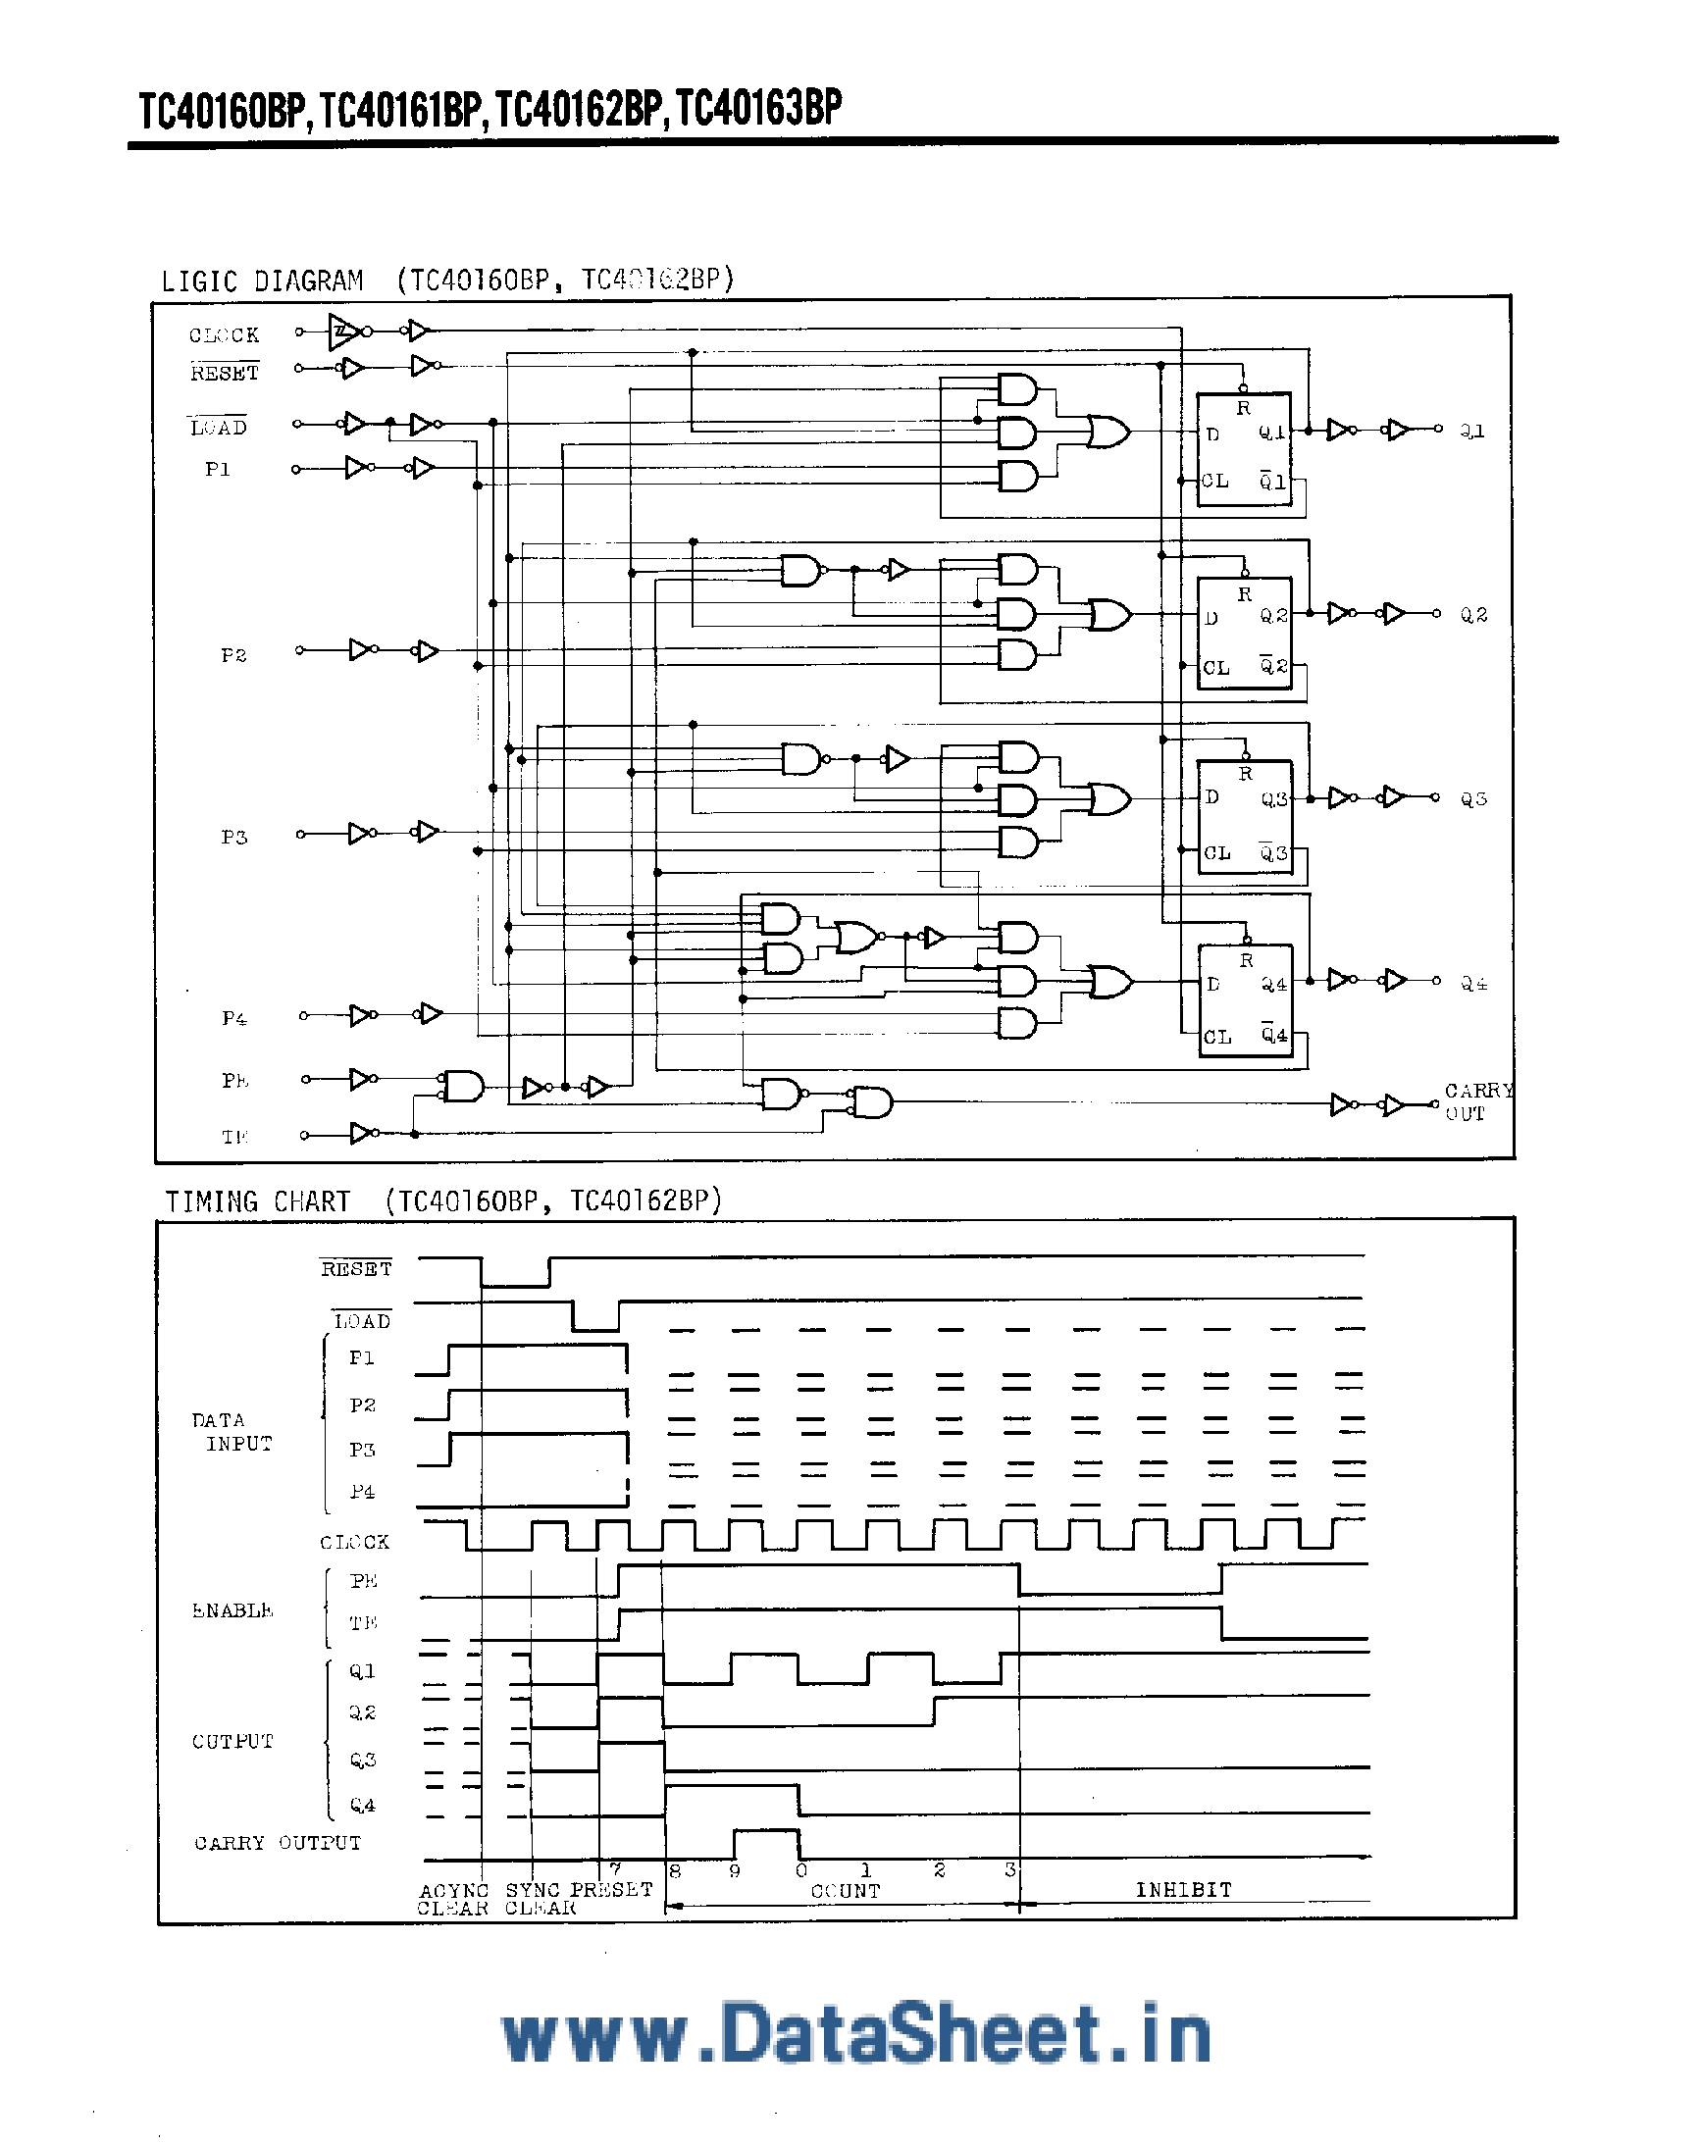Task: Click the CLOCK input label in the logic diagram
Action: [224, 335]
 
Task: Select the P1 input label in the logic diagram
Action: [218, 469]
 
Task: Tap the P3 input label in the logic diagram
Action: [233, 837]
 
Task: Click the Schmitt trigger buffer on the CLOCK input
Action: [343, 332]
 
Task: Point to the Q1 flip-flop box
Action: [1243, 449]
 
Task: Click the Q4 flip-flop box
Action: [1245, 999]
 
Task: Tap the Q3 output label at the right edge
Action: [1473, 799]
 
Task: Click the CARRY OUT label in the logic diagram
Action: [1477, 1102]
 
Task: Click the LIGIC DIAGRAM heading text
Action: [262, 281]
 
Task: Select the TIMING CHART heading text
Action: [258, 1201]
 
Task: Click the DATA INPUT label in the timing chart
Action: [231, 1432]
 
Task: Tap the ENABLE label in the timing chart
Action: [232, 1609]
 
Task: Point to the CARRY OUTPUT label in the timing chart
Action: [278, 1843]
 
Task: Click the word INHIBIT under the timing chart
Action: [1183, 1889]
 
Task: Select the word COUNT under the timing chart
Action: [845, 1890]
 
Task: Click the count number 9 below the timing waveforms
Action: [735, 1870]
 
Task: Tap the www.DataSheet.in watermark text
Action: [855, 2033]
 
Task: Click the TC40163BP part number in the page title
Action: [759, 109]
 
